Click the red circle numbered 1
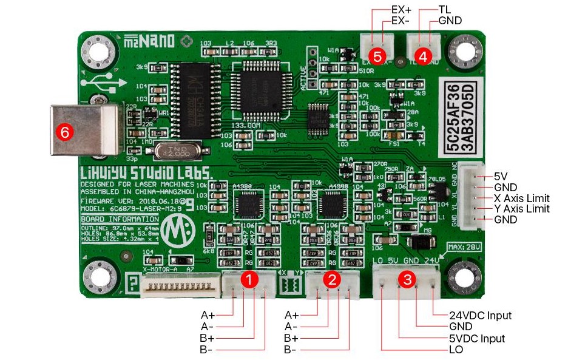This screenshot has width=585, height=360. click(249, 279)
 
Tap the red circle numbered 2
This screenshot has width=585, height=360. click(331, 279)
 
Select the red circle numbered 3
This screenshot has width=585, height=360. click(407, 279)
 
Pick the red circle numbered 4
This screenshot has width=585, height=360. click(423, 56)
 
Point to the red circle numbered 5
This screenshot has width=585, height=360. click(377, 56)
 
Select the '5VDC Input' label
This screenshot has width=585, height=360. click(478, 338)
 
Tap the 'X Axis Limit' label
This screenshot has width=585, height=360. click(522, 199)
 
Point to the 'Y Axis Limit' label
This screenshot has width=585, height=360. click(522, 209)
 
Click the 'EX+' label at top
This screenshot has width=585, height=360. click(401, 10)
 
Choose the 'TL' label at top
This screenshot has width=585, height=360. click(444, 10)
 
